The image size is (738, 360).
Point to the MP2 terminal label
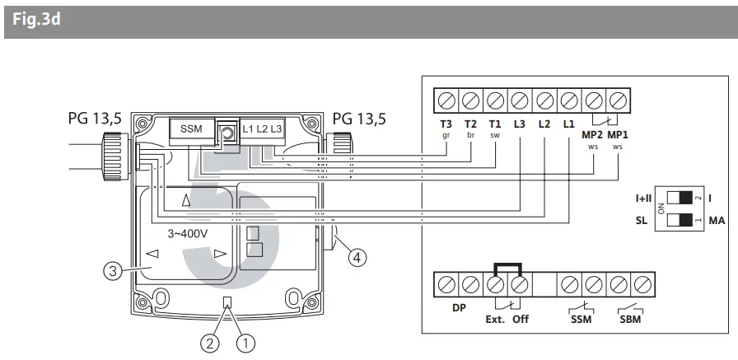point(593,133)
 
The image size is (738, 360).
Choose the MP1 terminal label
point(619,133)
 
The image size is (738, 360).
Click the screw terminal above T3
point(446,101)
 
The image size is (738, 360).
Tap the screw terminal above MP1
point(619,101)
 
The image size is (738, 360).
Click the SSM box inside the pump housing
point(191,129)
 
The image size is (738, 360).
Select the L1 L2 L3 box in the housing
point(262,129)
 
